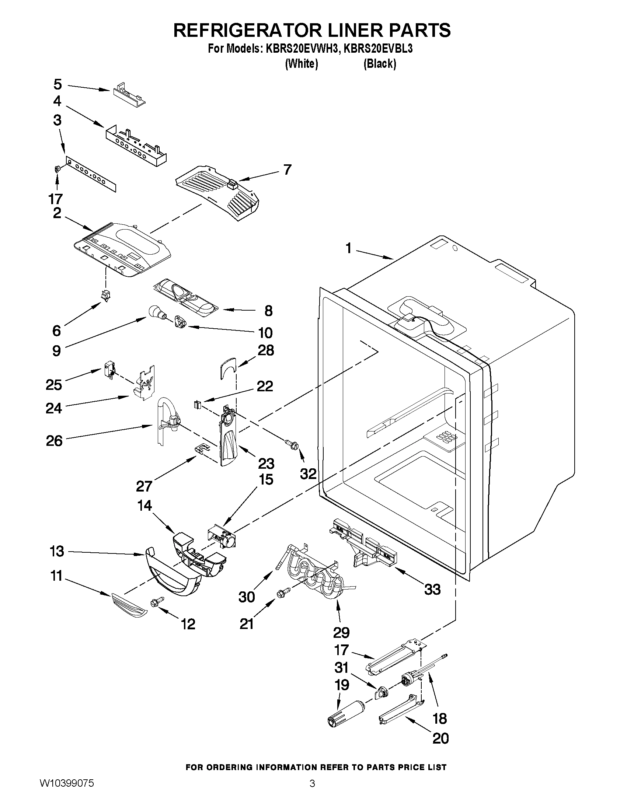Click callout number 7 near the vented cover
coord(287,170)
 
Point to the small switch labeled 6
coord(106,296)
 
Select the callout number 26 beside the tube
coord(54,440)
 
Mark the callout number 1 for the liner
coord(348,248)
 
